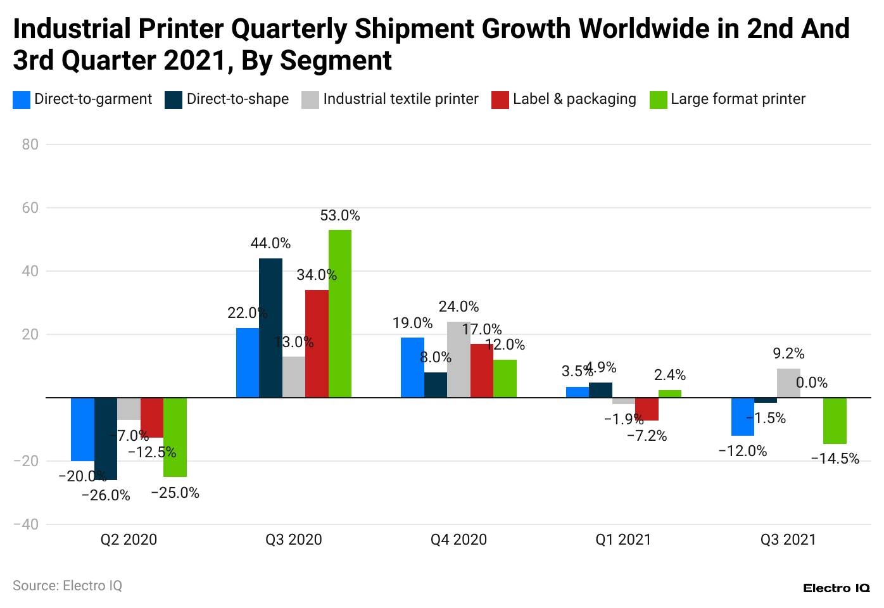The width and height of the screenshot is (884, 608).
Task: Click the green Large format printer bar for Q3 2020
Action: (339, 313)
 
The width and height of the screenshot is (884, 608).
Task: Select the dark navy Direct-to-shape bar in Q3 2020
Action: (270, 328)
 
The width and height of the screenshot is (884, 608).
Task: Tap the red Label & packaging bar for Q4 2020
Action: (482, 370)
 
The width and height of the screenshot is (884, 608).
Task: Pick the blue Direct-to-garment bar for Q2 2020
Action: (82, 429)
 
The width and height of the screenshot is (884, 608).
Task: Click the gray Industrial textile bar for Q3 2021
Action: (788, 383)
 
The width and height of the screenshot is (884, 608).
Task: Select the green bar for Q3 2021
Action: (835, 421)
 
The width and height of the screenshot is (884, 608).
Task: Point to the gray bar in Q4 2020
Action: (458, 360)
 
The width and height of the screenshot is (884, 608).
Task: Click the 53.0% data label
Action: (340, 216)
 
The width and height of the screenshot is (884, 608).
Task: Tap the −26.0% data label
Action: (106, 495)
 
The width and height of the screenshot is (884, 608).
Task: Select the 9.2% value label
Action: (788, 353)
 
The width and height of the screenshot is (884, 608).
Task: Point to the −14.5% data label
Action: (835, 459)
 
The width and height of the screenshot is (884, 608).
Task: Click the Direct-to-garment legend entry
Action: (83, 99)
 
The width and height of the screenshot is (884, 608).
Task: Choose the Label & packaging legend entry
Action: (564, 99)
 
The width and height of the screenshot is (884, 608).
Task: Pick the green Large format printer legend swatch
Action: (659, 100)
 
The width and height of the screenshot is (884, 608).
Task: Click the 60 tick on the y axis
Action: (30, 208)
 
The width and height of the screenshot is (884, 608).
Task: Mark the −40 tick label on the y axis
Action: (26, 524)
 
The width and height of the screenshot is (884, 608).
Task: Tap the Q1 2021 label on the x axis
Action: (623, 540)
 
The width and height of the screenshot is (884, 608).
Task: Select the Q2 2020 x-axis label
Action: (129, 540)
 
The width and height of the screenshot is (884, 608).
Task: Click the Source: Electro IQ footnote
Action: (67, 586)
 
